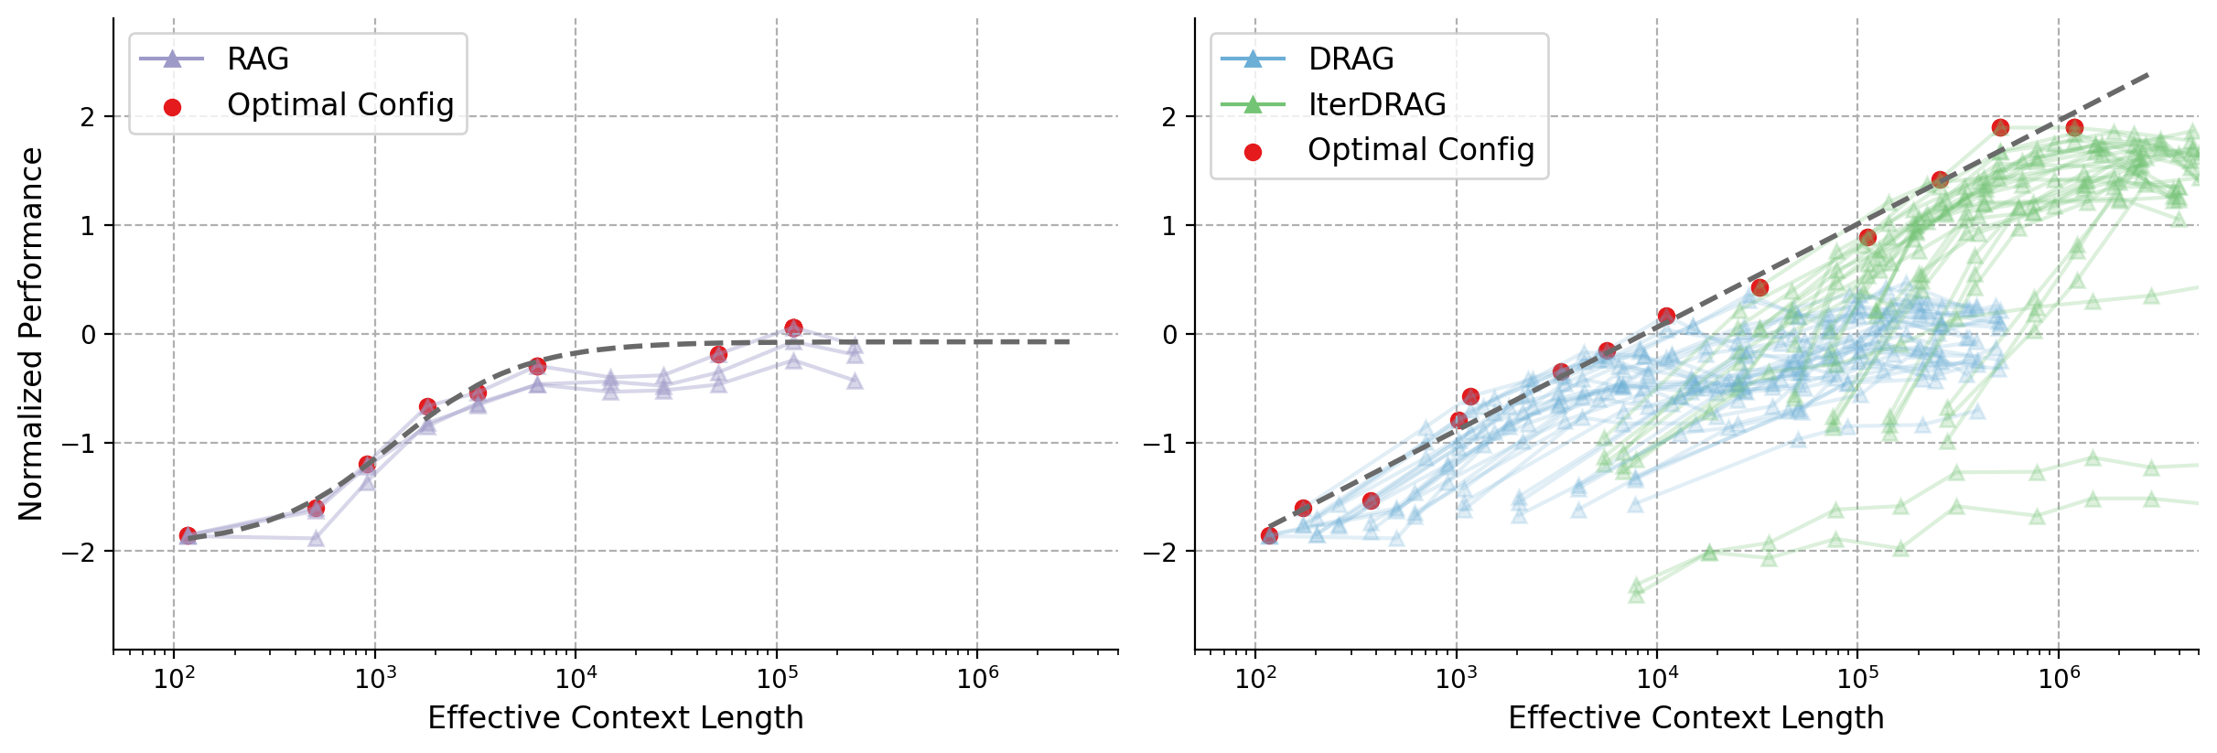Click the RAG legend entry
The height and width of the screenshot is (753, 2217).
(257, 59)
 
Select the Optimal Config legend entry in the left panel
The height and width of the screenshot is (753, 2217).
(339, 105)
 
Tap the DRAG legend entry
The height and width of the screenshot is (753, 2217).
(1351, 59)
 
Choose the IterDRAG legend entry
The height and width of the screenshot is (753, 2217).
(1376, 105)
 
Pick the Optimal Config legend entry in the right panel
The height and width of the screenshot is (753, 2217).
(1420, 150)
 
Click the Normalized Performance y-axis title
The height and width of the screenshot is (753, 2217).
(31, 334)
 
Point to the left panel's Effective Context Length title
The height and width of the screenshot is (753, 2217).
(615, 718)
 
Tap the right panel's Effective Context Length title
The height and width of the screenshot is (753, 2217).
(1695, 718)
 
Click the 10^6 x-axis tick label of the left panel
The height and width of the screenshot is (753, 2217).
(976, 678)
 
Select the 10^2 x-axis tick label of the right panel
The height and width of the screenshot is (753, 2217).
(1254, 678)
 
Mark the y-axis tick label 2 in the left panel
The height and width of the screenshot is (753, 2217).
(88, 117)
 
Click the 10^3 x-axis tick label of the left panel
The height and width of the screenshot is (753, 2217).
(374, 678)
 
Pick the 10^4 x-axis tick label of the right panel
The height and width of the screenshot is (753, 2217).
(1656, 678)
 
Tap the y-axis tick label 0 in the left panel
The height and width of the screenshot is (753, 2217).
(88, 335)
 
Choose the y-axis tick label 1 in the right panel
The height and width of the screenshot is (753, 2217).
(1168, 226)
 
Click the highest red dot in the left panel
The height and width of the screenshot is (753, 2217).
(793, 328)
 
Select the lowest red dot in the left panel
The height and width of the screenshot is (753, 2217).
(188, 535)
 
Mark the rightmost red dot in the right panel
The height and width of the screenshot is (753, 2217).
(2074, 127)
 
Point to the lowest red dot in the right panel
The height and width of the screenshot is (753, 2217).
(1269, 535)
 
